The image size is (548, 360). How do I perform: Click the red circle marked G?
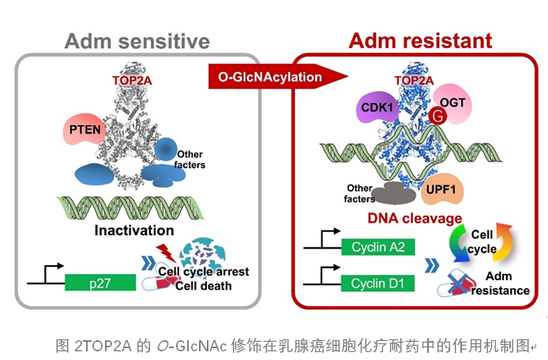pyautogui.click(x=433, y=118)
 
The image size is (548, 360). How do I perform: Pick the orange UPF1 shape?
pyautogui.click(x=443, y=189)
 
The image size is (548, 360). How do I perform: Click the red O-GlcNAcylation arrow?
pyautogui.click(x=278, y=77)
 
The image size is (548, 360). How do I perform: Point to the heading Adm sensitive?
pyautogui.click(x=137, y=40)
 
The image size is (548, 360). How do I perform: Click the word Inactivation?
pyautogui.click(x=133, y=231)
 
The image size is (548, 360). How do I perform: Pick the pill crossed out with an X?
pyautogui.click(x=456, y=283)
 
